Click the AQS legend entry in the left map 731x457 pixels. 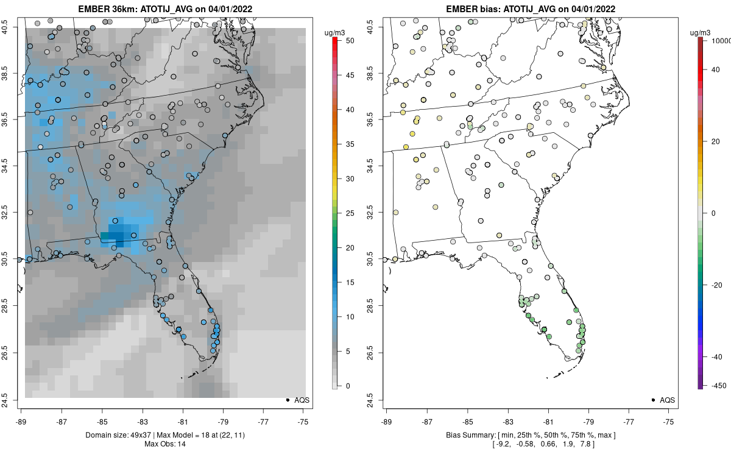point(297,400)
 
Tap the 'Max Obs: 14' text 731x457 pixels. point(164,444)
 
